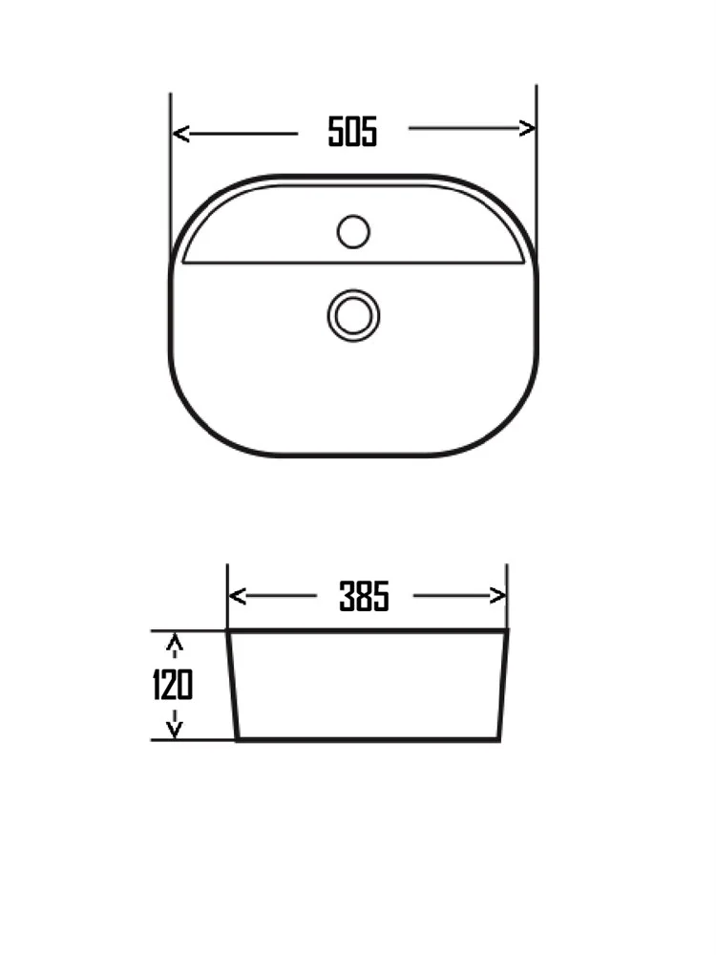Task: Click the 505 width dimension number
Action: [x=352, y=132]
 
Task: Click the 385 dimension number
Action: [x=364, y=596]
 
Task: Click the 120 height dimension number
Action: [x=172, y=685]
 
